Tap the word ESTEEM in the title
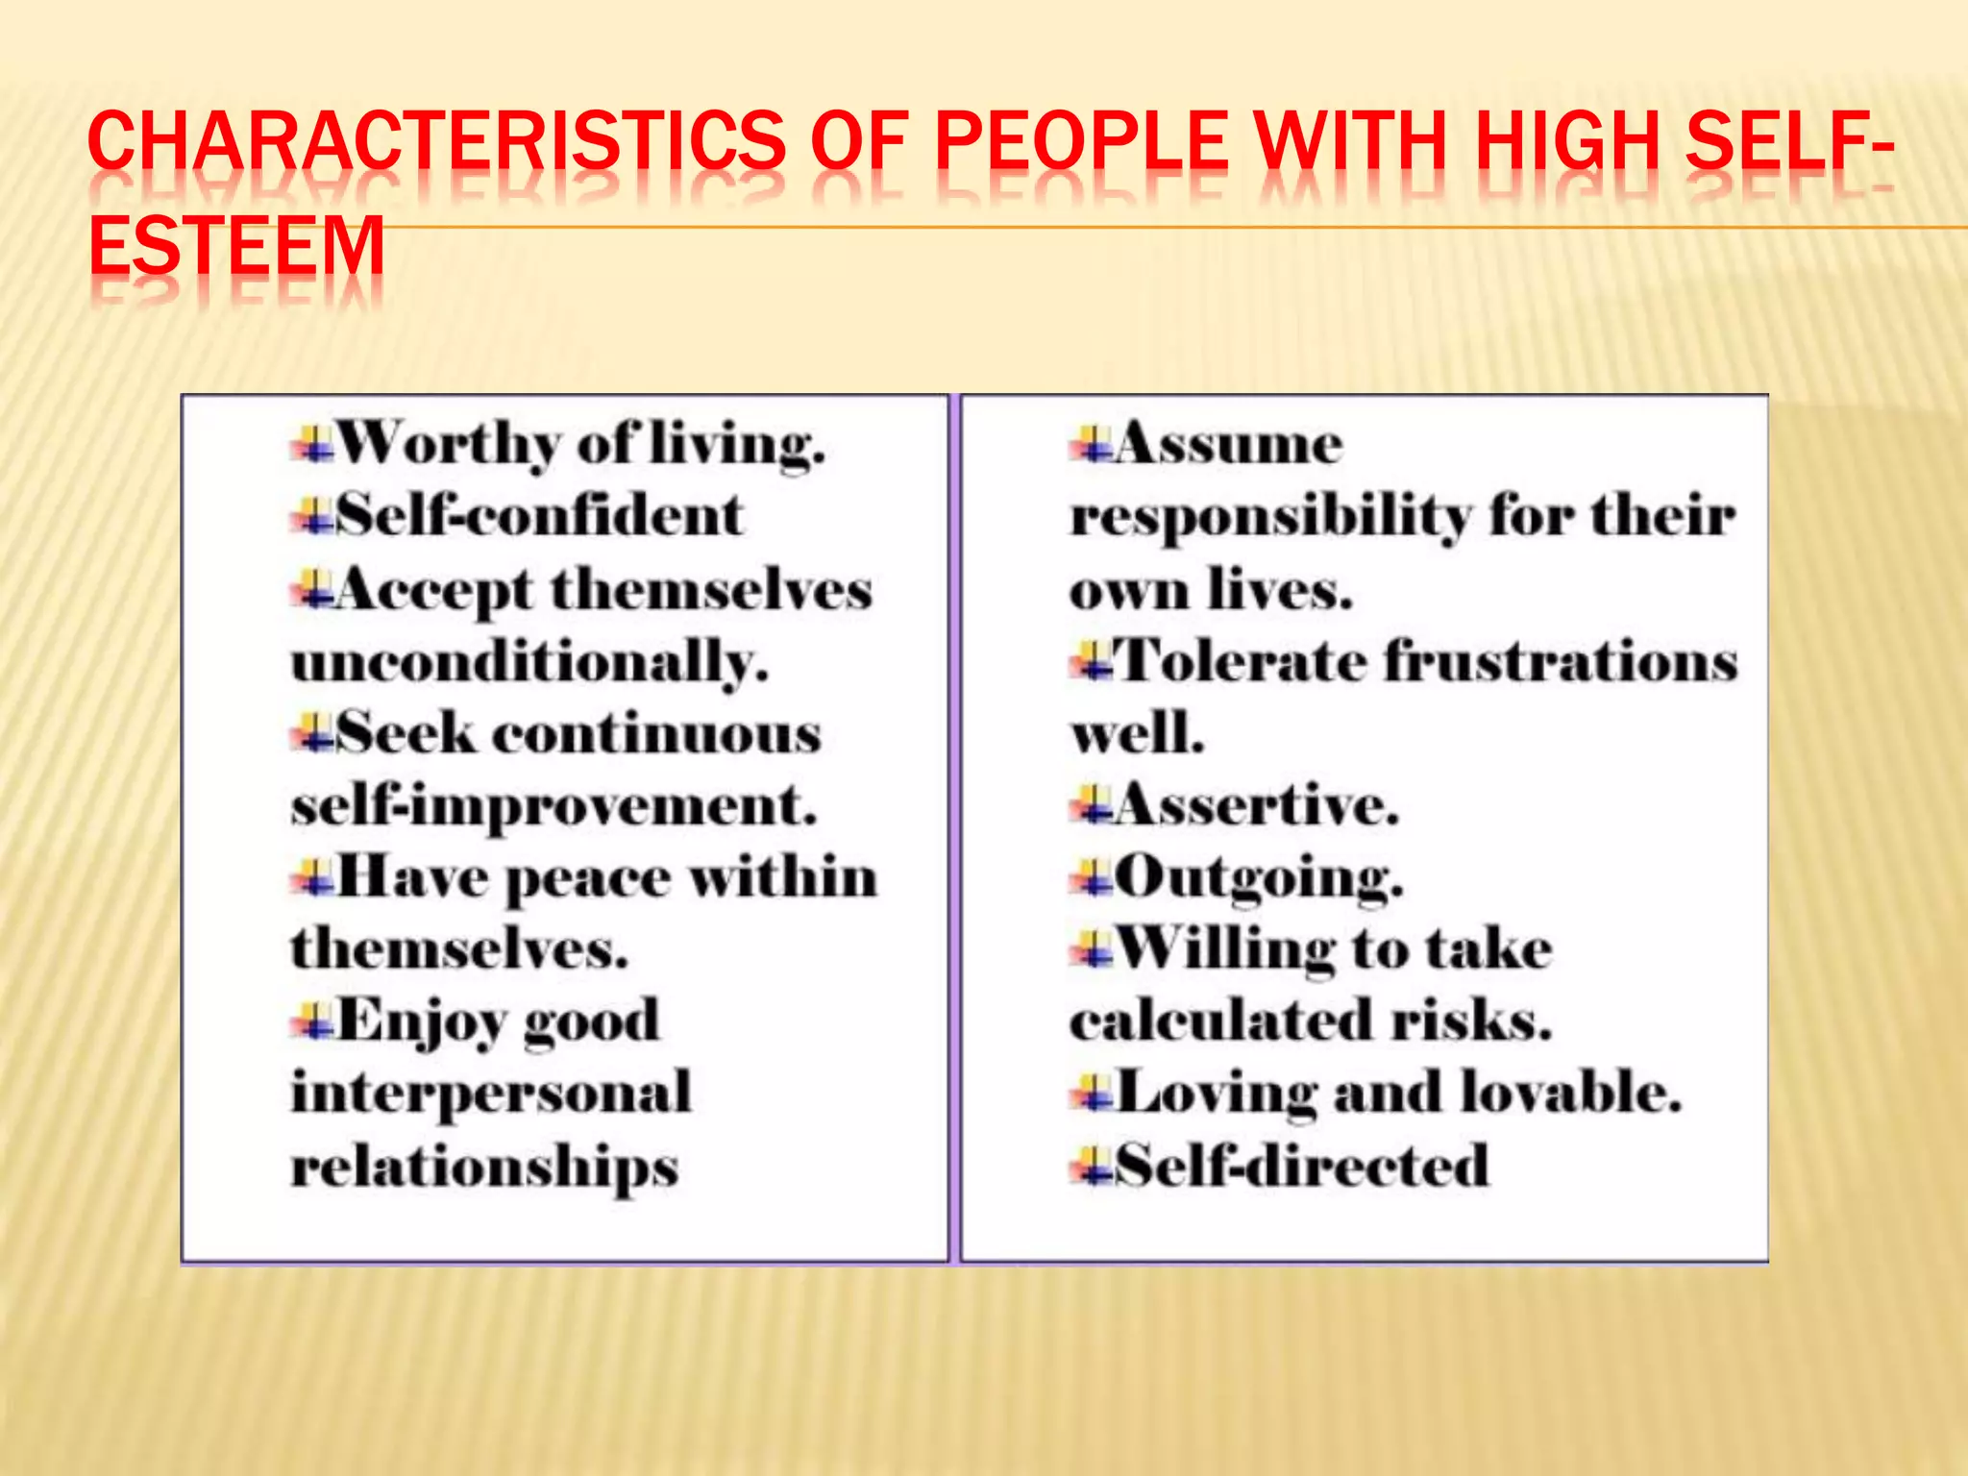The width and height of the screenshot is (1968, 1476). click(236, 246)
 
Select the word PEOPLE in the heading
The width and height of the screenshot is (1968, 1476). click(1081, 140)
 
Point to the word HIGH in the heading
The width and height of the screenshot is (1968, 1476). click(1567, 140)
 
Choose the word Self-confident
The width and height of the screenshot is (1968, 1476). click(539, 515)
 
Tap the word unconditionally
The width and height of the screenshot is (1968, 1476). click(529, 662)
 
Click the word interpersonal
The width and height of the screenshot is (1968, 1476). click(491, 1093)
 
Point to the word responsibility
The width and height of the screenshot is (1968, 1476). click(1269, 517)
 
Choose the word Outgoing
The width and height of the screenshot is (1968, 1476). click(1259, 877)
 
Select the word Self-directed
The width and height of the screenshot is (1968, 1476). click(1302, 1166)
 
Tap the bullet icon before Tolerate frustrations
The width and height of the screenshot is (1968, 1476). click(1091, 663)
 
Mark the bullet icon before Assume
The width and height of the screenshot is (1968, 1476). click(1091, 446)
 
